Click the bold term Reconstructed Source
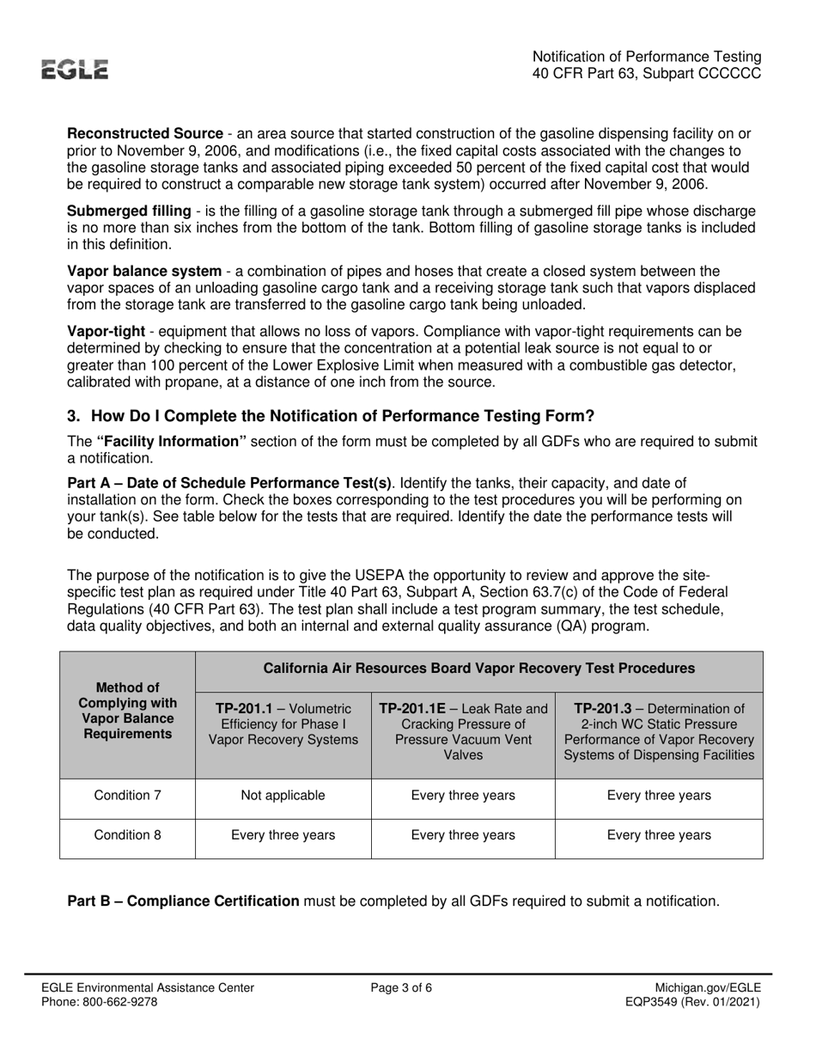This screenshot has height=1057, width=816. (x=145, y=134)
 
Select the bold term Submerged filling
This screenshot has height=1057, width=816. (x=129, y=211)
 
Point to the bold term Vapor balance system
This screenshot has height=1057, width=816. (x=144, y=272)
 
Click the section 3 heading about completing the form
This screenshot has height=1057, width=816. (x=331, y=416)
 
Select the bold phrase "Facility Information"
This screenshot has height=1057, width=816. (x=172, y=442)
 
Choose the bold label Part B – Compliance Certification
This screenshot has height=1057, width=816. (x=183, y=901)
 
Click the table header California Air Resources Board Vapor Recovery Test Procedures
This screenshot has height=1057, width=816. (x=478, y=668)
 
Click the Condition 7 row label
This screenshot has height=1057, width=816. (x=128, y=795)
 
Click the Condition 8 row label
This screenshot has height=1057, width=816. (x=128, y=834)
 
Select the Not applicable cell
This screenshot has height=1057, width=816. (x=283, y=795)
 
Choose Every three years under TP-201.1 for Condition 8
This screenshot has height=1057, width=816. (x=283, y=834)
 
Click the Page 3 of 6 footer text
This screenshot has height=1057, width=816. (x=401, y=988)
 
